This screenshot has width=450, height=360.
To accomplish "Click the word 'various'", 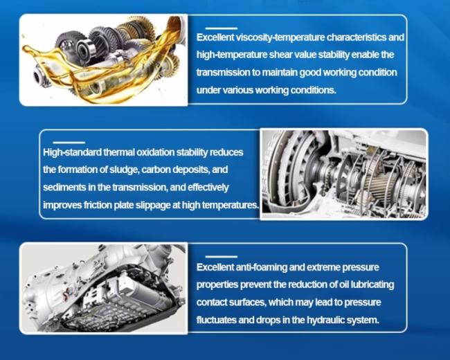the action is (238, 90).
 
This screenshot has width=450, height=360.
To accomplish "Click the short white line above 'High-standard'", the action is (69, 143).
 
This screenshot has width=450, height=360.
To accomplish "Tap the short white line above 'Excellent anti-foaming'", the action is (222, 257).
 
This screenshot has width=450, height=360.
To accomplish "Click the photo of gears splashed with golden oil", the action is (104, 60).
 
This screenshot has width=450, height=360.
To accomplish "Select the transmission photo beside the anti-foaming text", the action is (104, 288).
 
